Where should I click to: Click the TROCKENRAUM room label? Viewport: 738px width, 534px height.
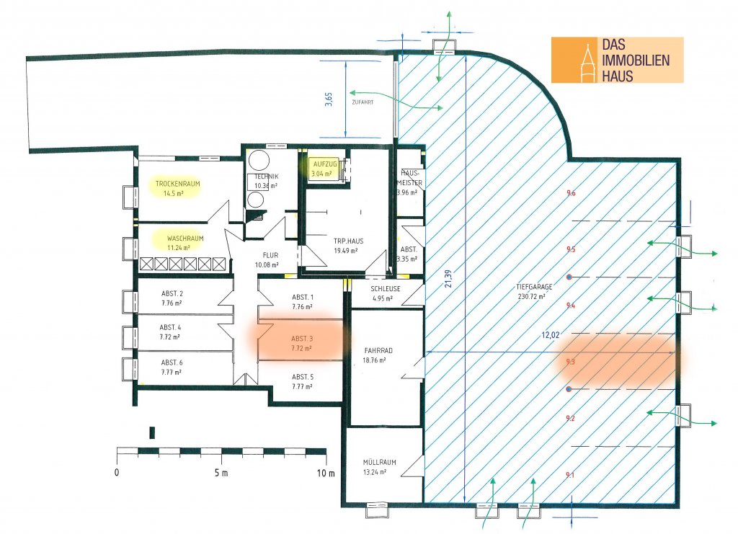point(177,184)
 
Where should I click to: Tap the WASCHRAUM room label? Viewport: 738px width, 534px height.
point(185,238)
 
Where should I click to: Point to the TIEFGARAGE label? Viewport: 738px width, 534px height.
point(531,286)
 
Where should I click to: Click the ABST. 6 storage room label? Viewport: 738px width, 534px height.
point(172,362)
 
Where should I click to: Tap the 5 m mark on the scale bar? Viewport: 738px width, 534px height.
point(221,473)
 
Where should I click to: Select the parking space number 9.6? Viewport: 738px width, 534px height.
point(571,193)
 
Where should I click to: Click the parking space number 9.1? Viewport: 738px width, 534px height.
point(570,475)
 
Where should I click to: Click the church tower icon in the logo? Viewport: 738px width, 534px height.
point(587,61)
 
